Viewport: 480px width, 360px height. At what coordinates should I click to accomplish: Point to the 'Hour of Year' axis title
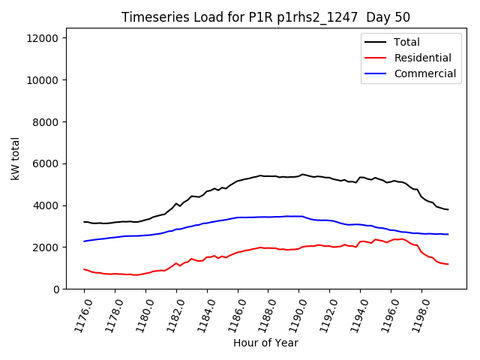(x=265, y=343)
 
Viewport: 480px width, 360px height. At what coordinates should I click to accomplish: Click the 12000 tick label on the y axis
(x=46, y=38)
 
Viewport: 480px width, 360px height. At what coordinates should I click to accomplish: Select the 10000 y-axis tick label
(x=46, y=80)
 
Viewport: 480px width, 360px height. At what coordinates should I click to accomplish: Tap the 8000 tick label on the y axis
(x=49, y=122)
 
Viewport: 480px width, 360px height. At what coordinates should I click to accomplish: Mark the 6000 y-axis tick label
(x=49, y=163)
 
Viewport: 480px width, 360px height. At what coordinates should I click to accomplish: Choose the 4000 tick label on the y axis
(x=49, y=205)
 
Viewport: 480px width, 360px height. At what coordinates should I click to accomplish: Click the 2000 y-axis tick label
(x=49, y=247)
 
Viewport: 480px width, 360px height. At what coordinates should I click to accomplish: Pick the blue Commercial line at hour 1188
(x=268, y=217)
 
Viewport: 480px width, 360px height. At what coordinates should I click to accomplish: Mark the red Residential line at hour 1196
(x=391, y=240)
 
